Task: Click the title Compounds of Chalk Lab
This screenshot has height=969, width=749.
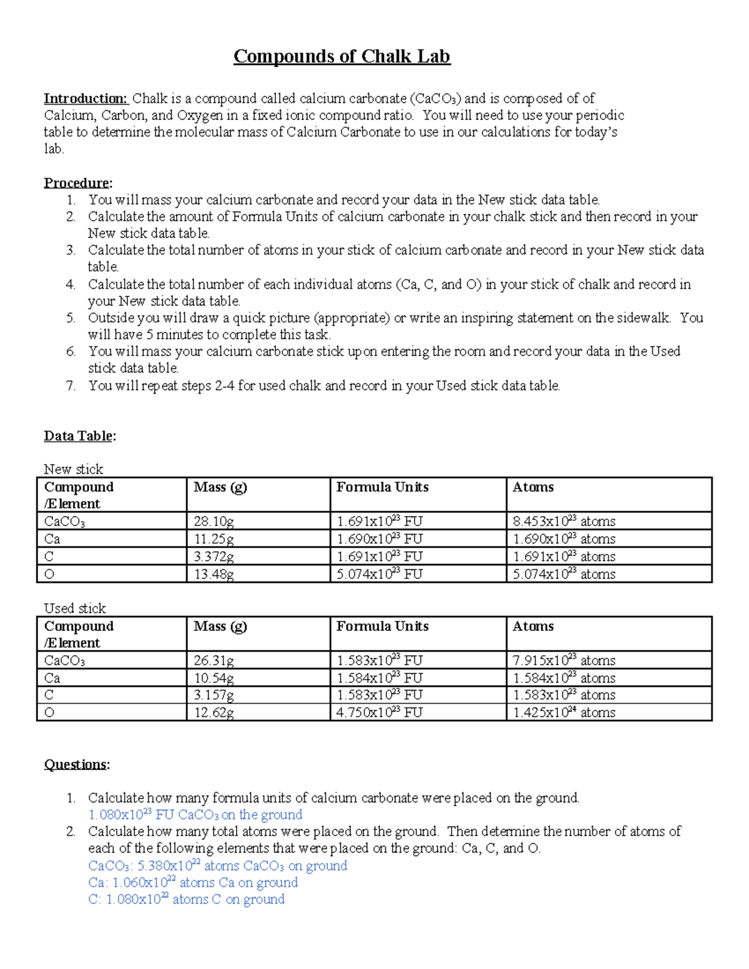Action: (341, 57)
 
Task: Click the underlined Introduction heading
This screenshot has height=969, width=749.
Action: (86, 99)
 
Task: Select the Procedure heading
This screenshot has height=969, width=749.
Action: (77, 183)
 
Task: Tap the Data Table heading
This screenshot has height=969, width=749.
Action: (79, 436)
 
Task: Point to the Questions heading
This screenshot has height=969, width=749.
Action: (76, 764)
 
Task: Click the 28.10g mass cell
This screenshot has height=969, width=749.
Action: (214, 522)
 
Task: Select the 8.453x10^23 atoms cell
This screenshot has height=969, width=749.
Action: (564, 522)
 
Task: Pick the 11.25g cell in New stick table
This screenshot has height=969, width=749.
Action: (214, 539)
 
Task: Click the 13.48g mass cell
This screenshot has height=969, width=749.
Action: (214, 574)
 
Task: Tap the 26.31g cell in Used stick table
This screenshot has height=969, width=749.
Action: (214, 661)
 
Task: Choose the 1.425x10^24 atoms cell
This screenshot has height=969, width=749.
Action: (564, 713)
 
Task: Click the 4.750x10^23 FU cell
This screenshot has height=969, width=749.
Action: (379, 713)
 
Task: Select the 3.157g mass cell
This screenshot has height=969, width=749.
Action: (214, 695)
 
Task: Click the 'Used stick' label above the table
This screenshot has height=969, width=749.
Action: (75, 608)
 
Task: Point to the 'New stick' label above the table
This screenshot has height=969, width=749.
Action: (73, 469)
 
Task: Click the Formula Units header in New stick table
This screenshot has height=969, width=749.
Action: (382, 487)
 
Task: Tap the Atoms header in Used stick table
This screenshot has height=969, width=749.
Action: (533, 626)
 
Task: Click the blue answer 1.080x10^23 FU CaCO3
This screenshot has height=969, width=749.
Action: (195, 815)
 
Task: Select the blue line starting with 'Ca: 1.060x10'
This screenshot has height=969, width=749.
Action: (193, 883)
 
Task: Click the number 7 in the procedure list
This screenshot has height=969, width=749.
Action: (71, 386)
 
